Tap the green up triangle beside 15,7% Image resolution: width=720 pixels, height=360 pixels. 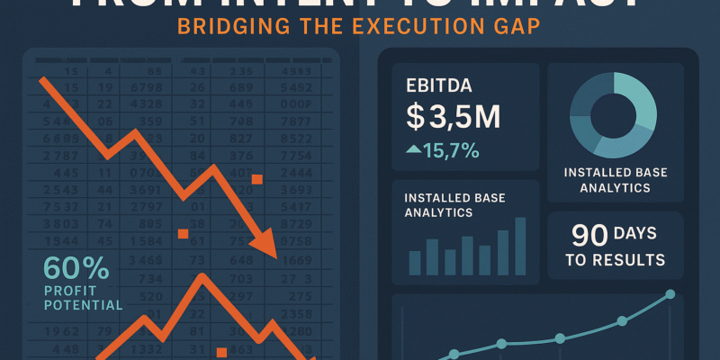point(412,149)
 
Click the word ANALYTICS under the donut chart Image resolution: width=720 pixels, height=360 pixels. point(614,189)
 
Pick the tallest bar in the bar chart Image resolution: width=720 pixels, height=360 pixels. point(520,246)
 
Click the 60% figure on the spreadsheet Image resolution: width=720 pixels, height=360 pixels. point(76,268)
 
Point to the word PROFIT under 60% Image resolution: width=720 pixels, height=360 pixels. point(71,291)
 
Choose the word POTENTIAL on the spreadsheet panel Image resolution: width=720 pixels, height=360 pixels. point(82,305)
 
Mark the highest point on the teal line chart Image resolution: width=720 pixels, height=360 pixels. point(670,293)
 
